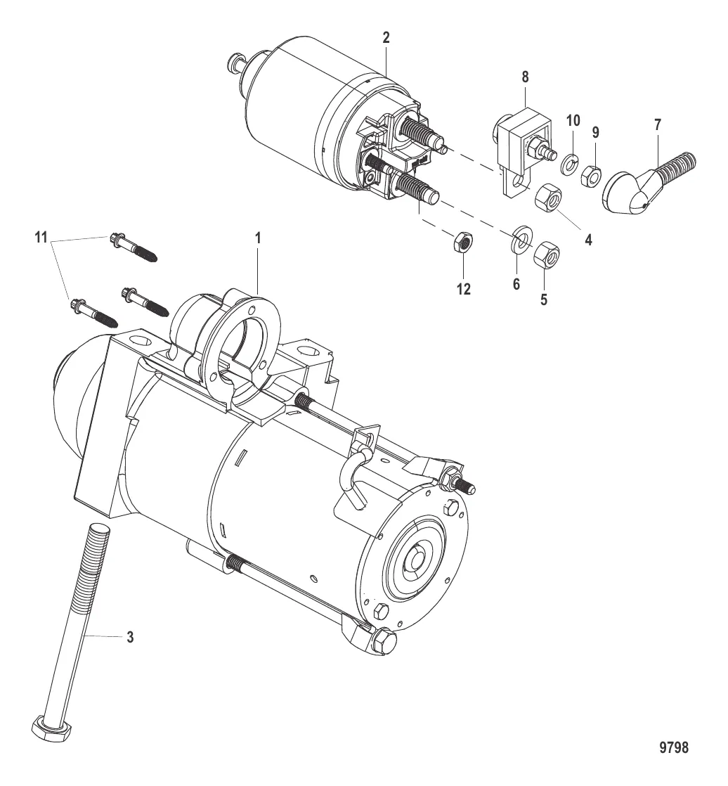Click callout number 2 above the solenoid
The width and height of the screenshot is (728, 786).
[x=386, y=38]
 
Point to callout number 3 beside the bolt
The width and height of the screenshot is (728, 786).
[x=129, y=638]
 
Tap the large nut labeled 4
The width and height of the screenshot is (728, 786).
[x=547, y=200]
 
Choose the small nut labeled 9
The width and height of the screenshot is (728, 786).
[x=590, y=172]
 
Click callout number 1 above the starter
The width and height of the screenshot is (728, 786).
[x=258, y=239]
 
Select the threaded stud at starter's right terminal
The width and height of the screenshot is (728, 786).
[x=465, y=487]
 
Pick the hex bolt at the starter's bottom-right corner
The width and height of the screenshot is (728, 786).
[x=384, y=640]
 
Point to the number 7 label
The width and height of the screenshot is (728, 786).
[x=657, y=125]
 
